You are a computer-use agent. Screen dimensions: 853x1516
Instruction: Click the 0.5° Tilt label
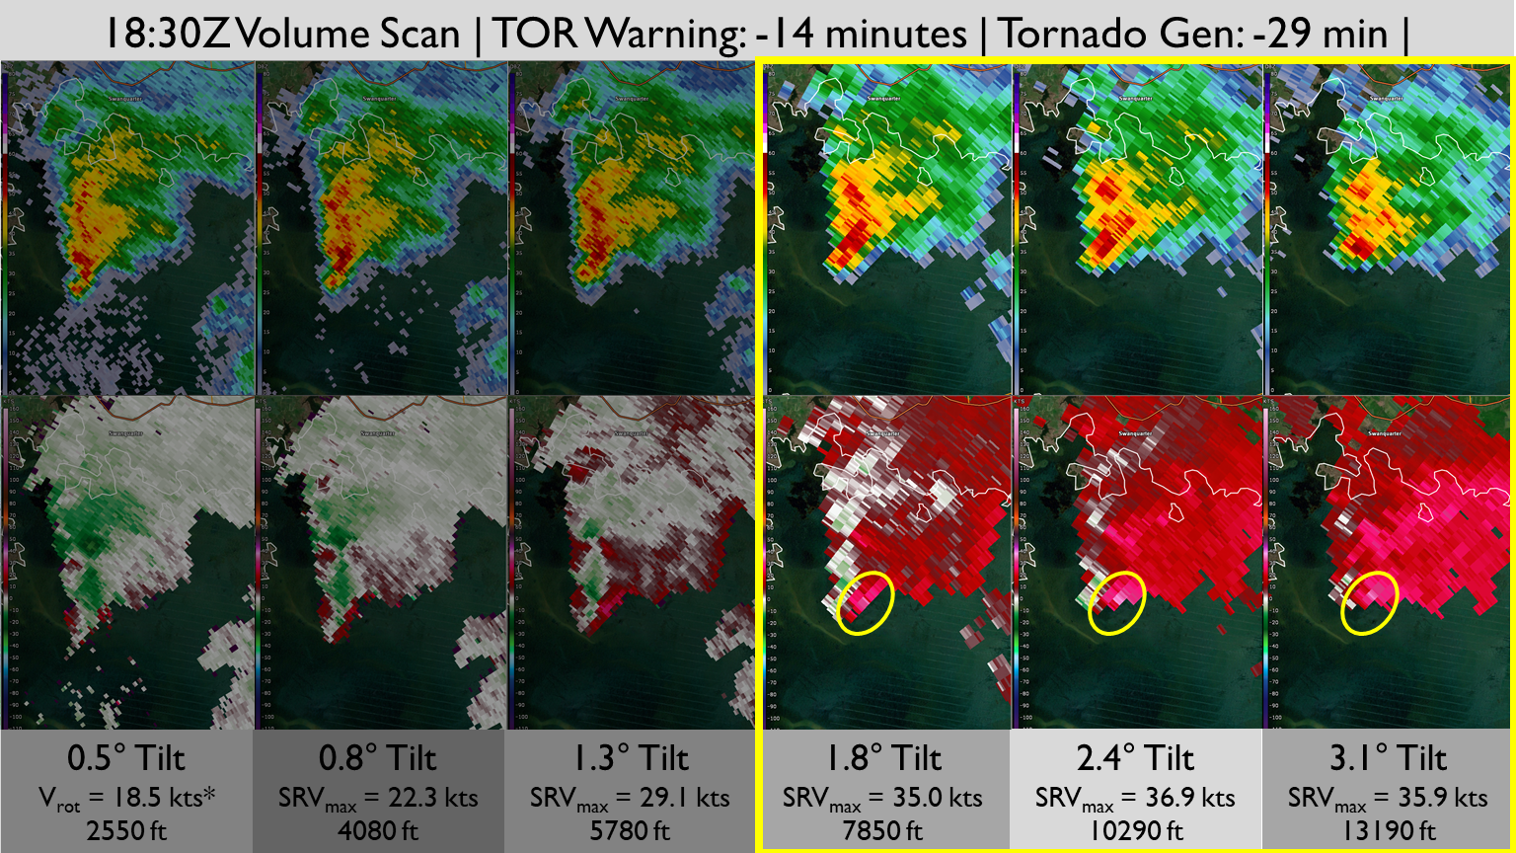pyautogui.click(x=126, y=759)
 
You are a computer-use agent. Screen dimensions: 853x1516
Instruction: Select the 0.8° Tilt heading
pyautogui.click(x=378, y=759)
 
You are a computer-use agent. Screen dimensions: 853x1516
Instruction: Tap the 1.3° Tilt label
pyautogui.click(x=631, y=759)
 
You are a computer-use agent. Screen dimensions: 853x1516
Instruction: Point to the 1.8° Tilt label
pyautogui.click(x=883, y=759)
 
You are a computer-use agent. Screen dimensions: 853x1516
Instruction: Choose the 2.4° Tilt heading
pyautogui.click(x=1135, y=759)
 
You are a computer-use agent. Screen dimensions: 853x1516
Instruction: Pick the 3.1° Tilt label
pyautogui.click(x=1388, y=759)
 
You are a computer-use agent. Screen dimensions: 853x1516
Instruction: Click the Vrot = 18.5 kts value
pyautogui.click(x=126, y=798)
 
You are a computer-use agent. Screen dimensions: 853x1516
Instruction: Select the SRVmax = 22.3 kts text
pyautogui.click(x=378, y=798)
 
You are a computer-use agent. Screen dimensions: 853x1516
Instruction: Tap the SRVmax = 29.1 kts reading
pyautogui.click(x=631, y=798)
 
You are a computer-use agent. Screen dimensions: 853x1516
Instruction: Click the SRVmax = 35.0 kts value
pyautogui.click(x=883, y=798)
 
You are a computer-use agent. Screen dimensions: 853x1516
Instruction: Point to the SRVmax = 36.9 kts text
pyautogui.click(x=1135, y=798)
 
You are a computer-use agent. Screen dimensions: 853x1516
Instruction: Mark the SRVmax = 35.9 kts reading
pyautogui.click(x=1388, y=798)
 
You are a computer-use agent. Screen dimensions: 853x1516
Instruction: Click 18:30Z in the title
pyautogui.click(x=167, y=35)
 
